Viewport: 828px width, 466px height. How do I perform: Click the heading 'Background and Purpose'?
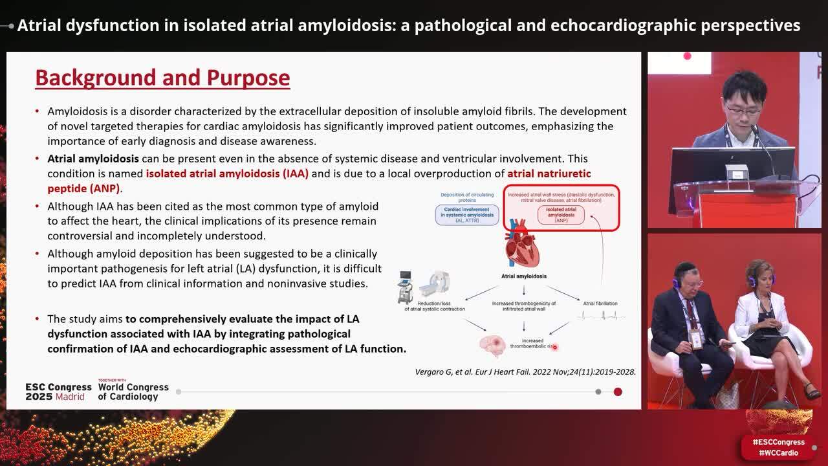162,78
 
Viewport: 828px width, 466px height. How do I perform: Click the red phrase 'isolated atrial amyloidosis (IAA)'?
227,173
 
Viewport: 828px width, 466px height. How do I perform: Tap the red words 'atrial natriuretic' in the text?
549,173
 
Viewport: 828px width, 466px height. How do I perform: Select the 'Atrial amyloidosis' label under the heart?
523,276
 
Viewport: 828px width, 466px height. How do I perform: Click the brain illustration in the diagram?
492,344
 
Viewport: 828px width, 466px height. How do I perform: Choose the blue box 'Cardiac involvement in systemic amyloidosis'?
466,215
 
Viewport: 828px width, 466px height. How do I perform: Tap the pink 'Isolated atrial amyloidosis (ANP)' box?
561,215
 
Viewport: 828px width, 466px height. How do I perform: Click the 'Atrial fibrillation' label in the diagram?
600,303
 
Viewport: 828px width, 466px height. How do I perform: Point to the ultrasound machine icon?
406,287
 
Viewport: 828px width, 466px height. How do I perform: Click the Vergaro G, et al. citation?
525,372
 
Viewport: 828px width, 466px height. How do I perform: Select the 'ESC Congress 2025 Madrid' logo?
58,392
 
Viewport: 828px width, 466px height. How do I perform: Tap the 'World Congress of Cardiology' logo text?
133,392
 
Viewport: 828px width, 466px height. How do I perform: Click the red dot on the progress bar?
618,392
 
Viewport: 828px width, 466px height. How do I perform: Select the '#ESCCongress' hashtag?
778,442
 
